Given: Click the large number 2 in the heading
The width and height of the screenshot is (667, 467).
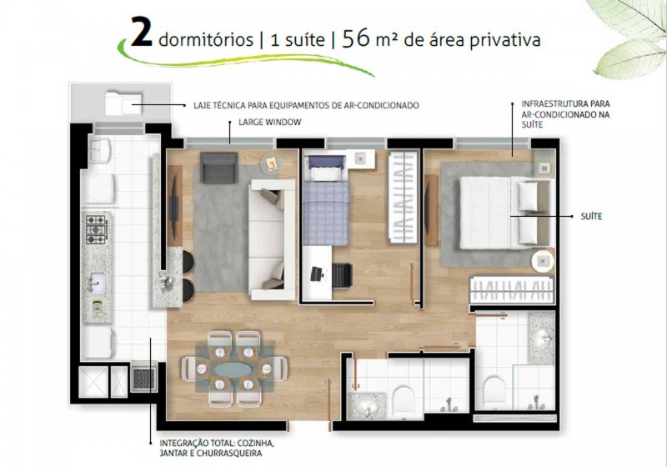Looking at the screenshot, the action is [142, 31].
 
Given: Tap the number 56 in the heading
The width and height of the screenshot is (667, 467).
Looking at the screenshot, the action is [356, 38].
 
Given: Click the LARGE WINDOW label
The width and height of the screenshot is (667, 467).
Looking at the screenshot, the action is [269, 123].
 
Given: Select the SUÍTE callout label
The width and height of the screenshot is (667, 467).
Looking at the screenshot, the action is [591, 217].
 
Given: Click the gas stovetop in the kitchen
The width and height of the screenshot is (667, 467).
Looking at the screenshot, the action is [96, 229].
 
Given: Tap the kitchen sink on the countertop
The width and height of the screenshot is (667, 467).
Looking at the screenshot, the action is [97, 283].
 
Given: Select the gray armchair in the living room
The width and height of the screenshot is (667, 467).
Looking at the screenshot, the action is [218, 168].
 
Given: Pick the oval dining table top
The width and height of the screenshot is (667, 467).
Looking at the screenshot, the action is [233, 369].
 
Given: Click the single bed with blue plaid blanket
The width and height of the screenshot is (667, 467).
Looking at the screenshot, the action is [326, 200].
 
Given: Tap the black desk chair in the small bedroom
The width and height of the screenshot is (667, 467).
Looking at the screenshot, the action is [343, 275].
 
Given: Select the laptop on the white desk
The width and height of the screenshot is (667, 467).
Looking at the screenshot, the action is [317, 274].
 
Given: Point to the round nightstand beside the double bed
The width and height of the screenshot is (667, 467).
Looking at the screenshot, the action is [544, 261].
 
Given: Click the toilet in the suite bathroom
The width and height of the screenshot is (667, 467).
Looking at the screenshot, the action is [494, 389].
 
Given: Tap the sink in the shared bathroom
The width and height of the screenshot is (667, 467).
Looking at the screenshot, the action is [368, 407].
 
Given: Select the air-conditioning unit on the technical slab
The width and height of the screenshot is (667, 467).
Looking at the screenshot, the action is [123, 103].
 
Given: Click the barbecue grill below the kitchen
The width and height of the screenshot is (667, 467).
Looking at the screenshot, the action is [143, 378].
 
